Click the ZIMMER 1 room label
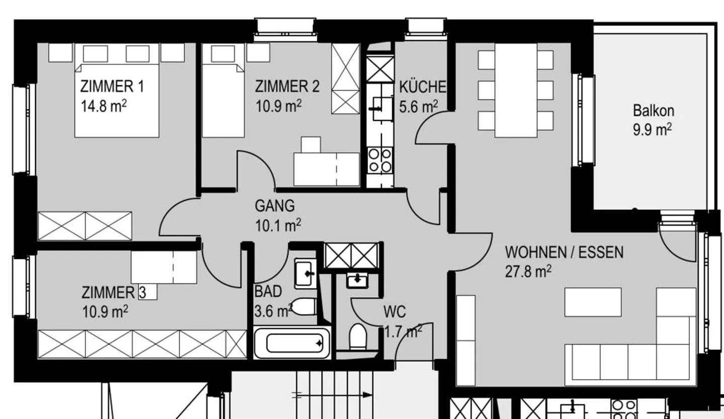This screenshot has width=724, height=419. (112, 87)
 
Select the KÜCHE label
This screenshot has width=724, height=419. (422, 87)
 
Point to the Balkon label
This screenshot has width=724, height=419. (653, 110)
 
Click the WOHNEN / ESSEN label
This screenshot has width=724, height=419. (564, 252)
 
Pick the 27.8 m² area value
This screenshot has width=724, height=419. (528, 272)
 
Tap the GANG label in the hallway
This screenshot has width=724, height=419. (275, 206)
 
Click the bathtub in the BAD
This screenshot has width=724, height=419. (293, 343)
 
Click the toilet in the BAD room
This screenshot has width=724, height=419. (304, 306)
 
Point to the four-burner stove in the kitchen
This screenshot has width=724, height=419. (380, 159)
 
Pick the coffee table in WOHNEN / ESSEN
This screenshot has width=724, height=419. (593, 302)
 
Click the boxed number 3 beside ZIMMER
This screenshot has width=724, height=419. (142, 292)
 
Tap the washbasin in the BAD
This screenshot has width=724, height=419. (305, 273)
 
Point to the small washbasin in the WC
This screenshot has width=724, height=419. (357, 279)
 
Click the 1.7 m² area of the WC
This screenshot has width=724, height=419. (402, 331)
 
